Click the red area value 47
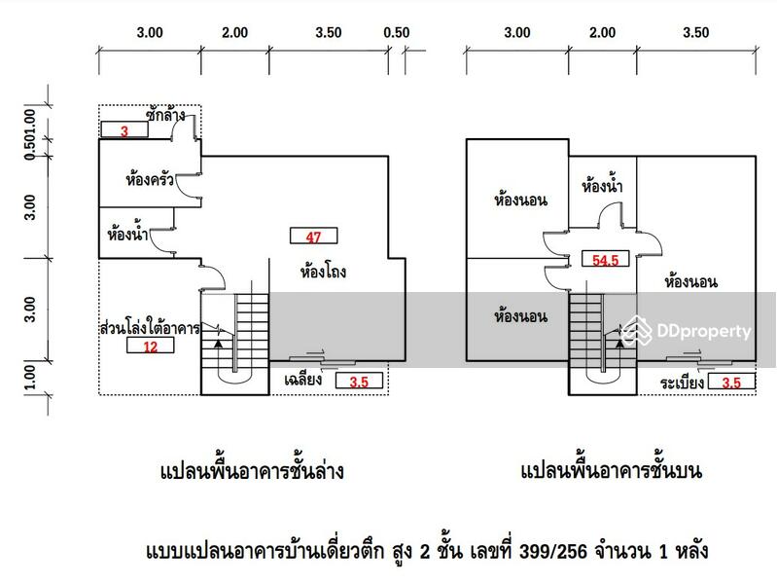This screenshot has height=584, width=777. pyautogui.click(x=313, y=235)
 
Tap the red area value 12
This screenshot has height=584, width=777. pyautogui.click(x=150, y=346)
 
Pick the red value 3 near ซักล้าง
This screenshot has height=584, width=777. pyautogui.click(x=124, y=130)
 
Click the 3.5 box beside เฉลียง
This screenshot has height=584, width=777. pyautogui.click(x=359, y=382)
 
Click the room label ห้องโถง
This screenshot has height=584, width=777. pyautogui.click(x=324, y=273)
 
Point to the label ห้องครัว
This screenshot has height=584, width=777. pyautogui.click(x=150, y=180)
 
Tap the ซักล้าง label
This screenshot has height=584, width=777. pyautogui.click(x=166, y=115)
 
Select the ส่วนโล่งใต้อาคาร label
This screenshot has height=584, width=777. pyautogui.click(x=150, y=328)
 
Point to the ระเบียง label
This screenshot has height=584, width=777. pyautogui.click(x=680, y=383)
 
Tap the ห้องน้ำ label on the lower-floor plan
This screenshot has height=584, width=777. pyautogui.click(x=128, y=235)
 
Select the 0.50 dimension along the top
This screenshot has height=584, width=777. pyautogui.click(x=397, y=32)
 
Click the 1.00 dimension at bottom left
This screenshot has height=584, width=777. pyautogui.click(x=30, y=376)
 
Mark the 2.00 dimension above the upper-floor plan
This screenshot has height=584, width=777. pyautogui.click(x=602, y=32)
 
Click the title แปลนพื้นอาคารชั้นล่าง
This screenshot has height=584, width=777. pyautogui.click(x=251, y=473)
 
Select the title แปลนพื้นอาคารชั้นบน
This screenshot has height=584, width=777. pyautogui.click(x=612, y=472)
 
